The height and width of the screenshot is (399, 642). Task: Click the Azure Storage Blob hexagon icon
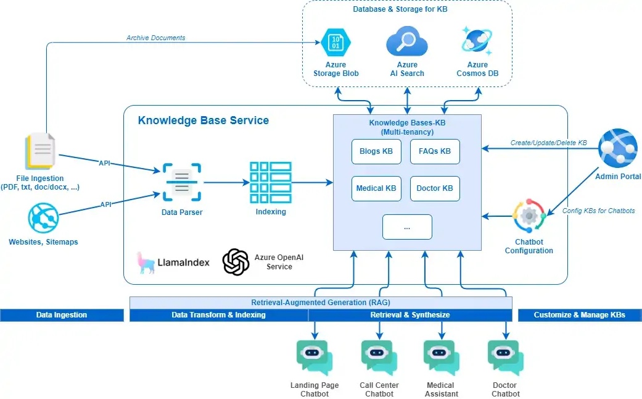(335, 41)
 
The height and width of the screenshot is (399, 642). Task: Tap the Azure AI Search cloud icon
(407, 41)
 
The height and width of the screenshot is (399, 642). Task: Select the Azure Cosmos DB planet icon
(477, 40)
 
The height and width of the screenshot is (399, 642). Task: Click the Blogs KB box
(376, 151)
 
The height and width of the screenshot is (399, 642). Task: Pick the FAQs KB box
(435, 151)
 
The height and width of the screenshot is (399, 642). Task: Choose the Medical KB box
(376, 188)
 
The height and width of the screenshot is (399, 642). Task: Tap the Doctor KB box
(435, 188)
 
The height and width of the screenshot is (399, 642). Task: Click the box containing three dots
(407, 227)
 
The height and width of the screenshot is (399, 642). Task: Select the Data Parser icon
(181, 182)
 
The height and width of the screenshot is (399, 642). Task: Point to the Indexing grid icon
(270, 182)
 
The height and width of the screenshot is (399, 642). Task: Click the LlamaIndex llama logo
(147, 262)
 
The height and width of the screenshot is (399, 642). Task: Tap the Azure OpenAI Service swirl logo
(236, 262)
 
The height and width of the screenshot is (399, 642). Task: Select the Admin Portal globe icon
(618, 149)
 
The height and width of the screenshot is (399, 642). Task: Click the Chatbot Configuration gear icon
(529, 216)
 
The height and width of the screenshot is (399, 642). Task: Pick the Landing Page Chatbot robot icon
(314, 357)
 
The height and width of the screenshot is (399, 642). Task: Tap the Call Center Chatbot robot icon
(379, 357)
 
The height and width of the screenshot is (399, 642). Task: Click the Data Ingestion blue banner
(61, 315)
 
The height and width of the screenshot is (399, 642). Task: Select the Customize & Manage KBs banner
(579, 315)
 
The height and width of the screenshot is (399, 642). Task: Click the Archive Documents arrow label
(156, 38)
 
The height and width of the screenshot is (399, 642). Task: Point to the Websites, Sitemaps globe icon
(43, 219)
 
